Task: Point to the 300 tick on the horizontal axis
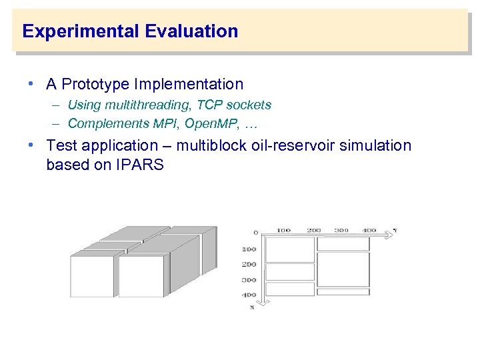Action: pyautogui.click(x=342, y=230)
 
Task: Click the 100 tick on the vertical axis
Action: pyautogui.click(x=249, y=249)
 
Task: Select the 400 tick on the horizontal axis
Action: pyautogui.click(x=369, y=230)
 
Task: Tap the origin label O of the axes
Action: pyautogui.click(x=256, y=233)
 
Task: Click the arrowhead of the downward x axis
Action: pyautogui.click(x=263, y=302)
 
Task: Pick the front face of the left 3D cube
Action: pyautogui.click(x=91, y=276)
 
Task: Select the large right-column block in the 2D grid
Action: pyautogui.click(x=343, y=269)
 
